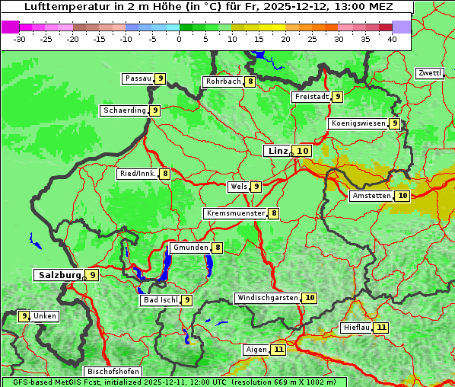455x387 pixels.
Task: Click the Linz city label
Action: (x=276, y=151)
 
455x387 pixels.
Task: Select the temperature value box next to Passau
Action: (x=161, y=78)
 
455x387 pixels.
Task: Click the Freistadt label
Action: (x=311, y=97)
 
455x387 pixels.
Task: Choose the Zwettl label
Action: (x=429, y=73)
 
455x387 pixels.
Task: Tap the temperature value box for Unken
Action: (x=24, y=316)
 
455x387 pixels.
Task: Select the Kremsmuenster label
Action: (x=235, y=213)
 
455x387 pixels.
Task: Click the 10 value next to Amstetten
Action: (x=402, y=196)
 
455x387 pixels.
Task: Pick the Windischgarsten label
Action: (x=267, y=298)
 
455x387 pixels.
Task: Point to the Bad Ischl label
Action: (x=160, y=300)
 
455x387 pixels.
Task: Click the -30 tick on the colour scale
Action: (x=21, y=39)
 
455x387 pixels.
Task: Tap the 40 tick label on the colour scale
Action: (x=392, y=39)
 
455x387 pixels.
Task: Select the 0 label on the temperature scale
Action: (x=180, y=39)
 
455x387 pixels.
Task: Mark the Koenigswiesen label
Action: (x=358, y=123)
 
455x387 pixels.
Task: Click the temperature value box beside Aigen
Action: (x=278, y=350)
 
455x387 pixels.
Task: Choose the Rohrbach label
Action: (x=223, y=82)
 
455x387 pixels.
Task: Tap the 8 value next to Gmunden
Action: (x=218, y=248)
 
